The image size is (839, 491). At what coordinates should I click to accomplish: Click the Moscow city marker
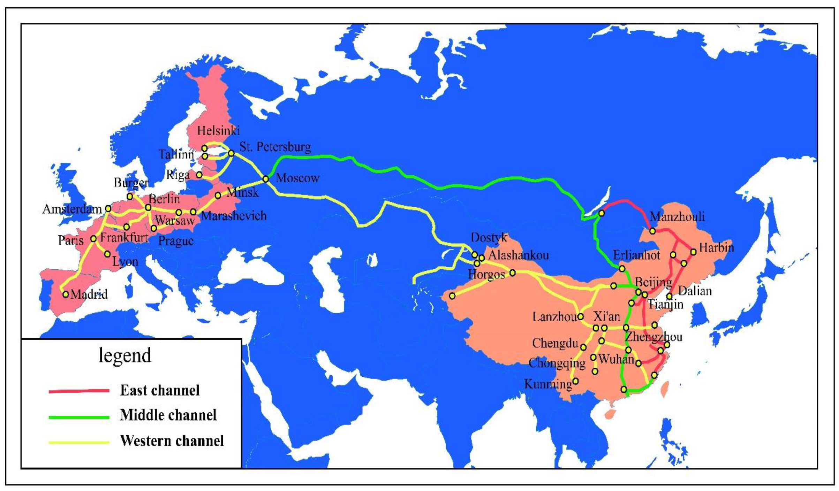click(x=266, y=179)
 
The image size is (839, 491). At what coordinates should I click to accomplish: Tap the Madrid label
click(x=89, y=294)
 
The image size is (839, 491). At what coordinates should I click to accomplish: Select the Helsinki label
click(x=219, y=131)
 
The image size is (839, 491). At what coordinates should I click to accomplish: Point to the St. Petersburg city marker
click(x=231, y=153)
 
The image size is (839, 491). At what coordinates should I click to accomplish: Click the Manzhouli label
click(x=677, y=216)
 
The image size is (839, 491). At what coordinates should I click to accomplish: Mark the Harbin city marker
click(x=693, y=252)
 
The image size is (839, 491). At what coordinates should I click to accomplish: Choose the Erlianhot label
click(x=636, y=255)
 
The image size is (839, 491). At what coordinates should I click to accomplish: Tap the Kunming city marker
click(x=575, y=381)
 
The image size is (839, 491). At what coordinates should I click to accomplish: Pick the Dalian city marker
click(x=670, y=296)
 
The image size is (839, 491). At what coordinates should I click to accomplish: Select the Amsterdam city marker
click(x=108, y=209)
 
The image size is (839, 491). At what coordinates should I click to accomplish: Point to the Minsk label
click(x=243, y=192)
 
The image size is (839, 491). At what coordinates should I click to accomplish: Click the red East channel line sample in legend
click(x=79, y=391)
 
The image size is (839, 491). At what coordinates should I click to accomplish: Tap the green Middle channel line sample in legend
click(x=79, y=417)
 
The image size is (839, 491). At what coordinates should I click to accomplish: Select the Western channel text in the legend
click(x=172, y=441)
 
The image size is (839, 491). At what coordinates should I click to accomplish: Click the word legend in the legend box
click(x=125, y=355)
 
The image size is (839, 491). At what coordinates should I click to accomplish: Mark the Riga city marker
click(x=199, y=175)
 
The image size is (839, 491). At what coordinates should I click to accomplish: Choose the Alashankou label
click(x=518, y=255)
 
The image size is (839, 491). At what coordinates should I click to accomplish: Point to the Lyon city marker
click(x=107, y=254)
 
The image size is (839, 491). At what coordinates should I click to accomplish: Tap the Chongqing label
click(x=557, y=363)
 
